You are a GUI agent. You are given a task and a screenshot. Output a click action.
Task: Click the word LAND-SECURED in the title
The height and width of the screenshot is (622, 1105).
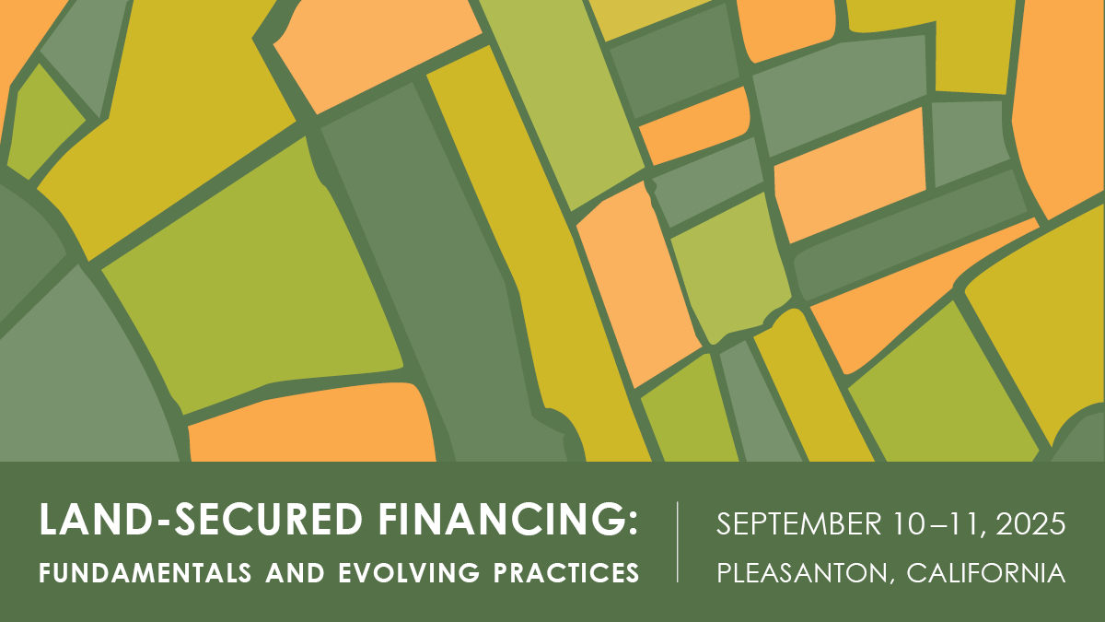(202, 519)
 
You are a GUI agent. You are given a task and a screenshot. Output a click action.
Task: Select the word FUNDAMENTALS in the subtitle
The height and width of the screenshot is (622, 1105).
(145, 572)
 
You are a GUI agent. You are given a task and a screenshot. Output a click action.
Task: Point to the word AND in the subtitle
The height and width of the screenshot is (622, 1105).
(295, 572)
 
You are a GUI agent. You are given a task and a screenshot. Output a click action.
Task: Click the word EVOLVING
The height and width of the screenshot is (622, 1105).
(409, 572)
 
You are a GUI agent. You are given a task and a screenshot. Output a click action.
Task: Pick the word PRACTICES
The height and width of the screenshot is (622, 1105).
(566, 572)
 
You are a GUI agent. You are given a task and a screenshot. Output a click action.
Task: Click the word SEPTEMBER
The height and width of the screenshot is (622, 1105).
(798, 523)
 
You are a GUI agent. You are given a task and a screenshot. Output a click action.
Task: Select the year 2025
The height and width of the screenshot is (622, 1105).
(1030, 523)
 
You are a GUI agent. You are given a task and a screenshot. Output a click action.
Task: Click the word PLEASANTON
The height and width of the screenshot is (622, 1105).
(802, 572)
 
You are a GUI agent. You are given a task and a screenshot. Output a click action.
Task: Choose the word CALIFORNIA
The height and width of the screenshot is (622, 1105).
(985, 572)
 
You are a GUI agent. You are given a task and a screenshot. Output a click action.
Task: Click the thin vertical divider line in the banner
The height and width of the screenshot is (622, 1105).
(678, 542)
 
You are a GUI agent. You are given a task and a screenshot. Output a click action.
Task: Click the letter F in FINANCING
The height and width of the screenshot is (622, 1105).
(389, 519)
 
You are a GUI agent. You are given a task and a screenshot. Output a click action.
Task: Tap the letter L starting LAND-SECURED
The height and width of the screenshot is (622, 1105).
(49, 519)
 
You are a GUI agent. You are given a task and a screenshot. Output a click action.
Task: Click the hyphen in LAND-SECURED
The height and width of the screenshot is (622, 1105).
(163, 522)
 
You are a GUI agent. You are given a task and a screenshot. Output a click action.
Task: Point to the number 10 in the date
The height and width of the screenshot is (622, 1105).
(909, 523)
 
